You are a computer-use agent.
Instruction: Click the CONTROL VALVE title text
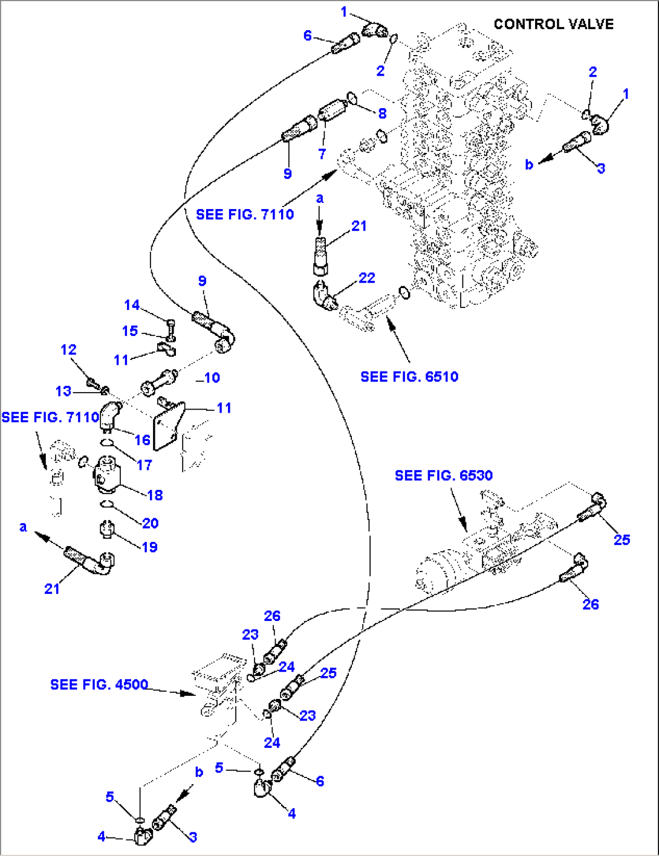[x=553, y=24]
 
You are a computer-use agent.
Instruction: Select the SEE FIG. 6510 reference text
[x=409, y=377]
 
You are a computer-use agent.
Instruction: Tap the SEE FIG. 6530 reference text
[x=443, y=476]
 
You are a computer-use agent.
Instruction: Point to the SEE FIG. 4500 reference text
[x=99, y=684]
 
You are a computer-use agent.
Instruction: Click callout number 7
[x=322, y=154]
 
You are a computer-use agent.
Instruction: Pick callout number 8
[x=382, y=113]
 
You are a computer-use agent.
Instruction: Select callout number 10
[x=212, y=378]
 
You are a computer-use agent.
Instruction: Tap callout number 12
[x=69, y=350]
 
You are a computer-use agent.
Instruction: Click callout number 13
[x=63, y=391]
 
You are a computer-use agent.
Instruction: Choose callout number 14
[x=132, y=305]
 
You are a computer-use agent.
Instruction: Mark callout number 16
[x=143, y=440]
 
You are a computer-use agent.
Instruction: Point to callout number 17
[x=144, y=465]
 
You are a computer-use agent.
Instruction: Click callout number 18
[x=155, y=495]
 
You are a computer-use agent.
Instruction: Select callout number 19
[x=149, y=547]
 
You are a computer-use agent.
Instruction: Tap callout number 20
[x=150, y=523]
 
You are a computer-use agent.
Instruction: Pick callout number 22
[x=367, y=278]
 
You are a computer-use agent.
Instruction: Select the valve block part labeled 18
[x=108, y=475]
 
